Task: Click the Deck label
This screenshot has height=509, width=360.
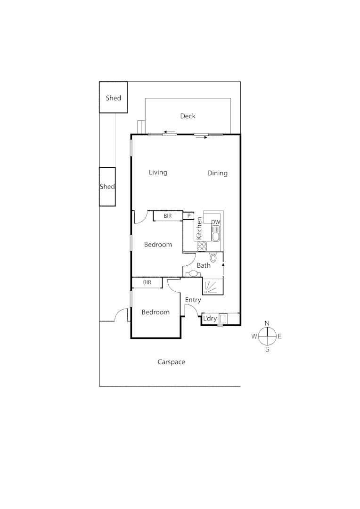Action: pyautogui.click(x=188, y=116)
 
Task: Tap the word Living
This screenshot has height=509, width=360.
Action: pyautogui.click(x=158, y=172)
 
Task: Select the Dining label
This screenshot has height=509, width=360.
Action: pyautogui.click(x=217, y=173)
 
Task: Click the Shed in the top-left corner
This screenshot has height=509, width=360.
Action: pyautogui.click(x=113, y=98)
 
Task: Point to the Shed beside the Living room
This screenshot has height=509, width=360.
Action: pyautogui.click(x=107, y=187)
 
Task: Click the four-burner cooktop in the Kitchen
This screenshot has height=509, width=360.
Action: pyautogui.click(x=201, y=246)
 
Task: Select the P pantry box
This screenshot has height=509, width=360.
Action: pyautogui.click(x=188, y=216)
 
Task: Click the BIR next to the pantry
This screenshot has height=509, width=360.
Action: pyautogui.click(x=168, y=216)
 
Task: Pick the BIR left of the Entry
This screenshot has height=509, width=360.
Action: pyautogui.click(x=147, y=282)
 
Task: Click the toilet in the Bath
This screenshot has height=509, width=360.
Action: pyautogui.click(x=213, y=257)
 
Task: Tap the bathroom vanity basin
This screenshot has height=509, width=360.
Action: pyautogui.click(x=193, y=274)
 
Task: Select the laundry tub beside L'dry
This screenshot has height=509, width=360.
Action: pyautogui.click(x=223, y=319)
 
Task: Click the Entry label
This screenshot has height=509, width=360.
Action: pyautogui.click(x=193, y=300)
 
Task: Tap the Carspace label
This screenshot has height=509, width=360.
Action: pyautogui.click(x=171, y=362)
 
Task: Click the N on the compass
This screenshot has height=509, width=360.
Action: pyautogui.click(x=267, y=323)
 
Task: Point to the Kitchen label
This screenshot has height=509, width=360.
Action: pyautogui.click(x=200, y=228)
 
